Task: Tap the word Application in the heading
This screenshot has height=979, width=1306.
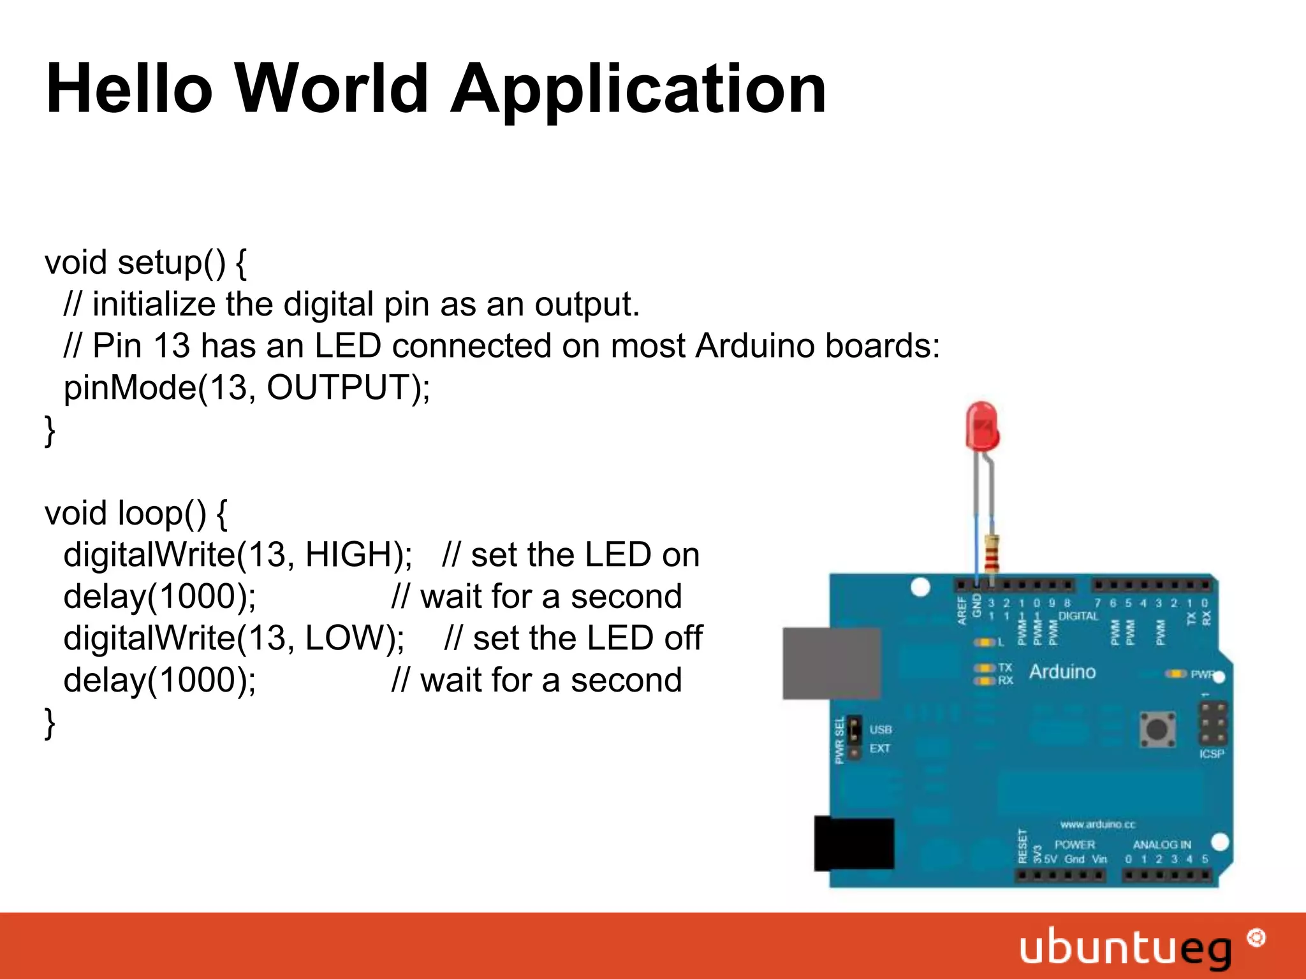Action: pyautogui.click(x=638, y=91)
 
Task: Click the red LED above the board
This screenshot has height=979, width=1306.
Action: pyautogui.click(x=981, y=426)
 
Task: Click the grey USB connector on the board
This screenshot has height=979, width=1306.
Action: pyautogui.click(x=832, y=663)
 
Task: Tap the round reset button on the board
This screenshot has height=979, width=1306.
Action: pyautogui.click(x=1157, y=729)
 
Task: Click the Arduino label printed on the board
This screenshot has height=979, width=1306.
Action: pyautogui.click(x=1062, y=672)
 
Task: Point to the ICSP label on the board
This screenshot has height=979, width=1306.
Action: pyautogui.click(x=1211, y=754)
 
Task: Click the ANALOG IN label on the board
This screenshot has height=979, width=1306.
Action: pyautogui.click(x=1162, y=845)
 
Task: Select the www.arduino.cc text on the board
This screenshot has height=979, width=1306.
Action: pyautogui.click(x=1097, y=825)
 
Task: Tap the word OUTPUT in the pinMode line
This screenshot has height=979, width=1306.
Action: pyautogui.click(x=338, y=388)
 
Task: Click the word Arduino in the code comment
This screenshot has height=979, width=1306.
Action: pyautogui.click(x=755, y=346)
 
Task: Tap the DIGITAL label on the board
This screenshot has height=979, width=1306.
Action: pyautogui.click(x=1078, y=616)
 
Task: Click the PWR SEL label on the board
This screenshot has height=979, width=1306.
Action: pyautogui.click(x=840, y=739)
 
